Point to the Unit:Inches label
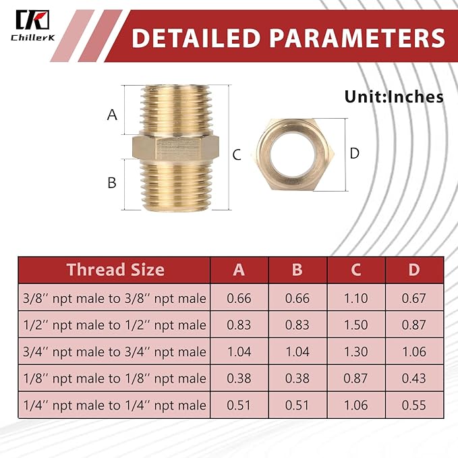pyautogui.click(x=394, y=96)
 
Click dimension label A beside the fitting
pyautogui.click(x=112, y=115)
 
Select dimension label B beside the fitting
pyautogui.click(x=112, y=182)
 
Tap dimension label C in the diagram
pyautogui.click(x=236, y=154)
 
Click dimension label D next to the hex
pyautogui.click(x=355, y=153)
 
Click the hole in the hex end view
pyautogui.click(x=297, y=152)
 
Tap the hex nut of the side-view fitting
pyautogui.click(x=176, y=145)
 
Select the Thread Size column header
pyautogui.click(x=115, y=270)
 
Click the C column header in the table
pyautogui.click(x=355, y=270)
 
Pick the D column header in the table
pyautogui.click(x=414, y=270)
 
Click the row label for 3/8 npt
pyautogui.click(x=113, y=297)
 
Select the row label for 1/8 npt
pyautogui.click(x=113, y=379)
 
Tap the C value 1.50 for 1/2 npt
pyautogui.click(x=355, y=324)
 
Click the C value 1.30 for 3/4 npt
pyautogui.click(x=355, y=351)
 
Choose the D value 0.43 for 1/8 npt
pyautogui.click(x=414, y=379)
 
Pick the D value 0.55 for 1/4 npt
pyautogui.click(x=414, y=406)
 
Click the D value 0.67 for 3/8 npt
pyautogui.click(x=414, y=297)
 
